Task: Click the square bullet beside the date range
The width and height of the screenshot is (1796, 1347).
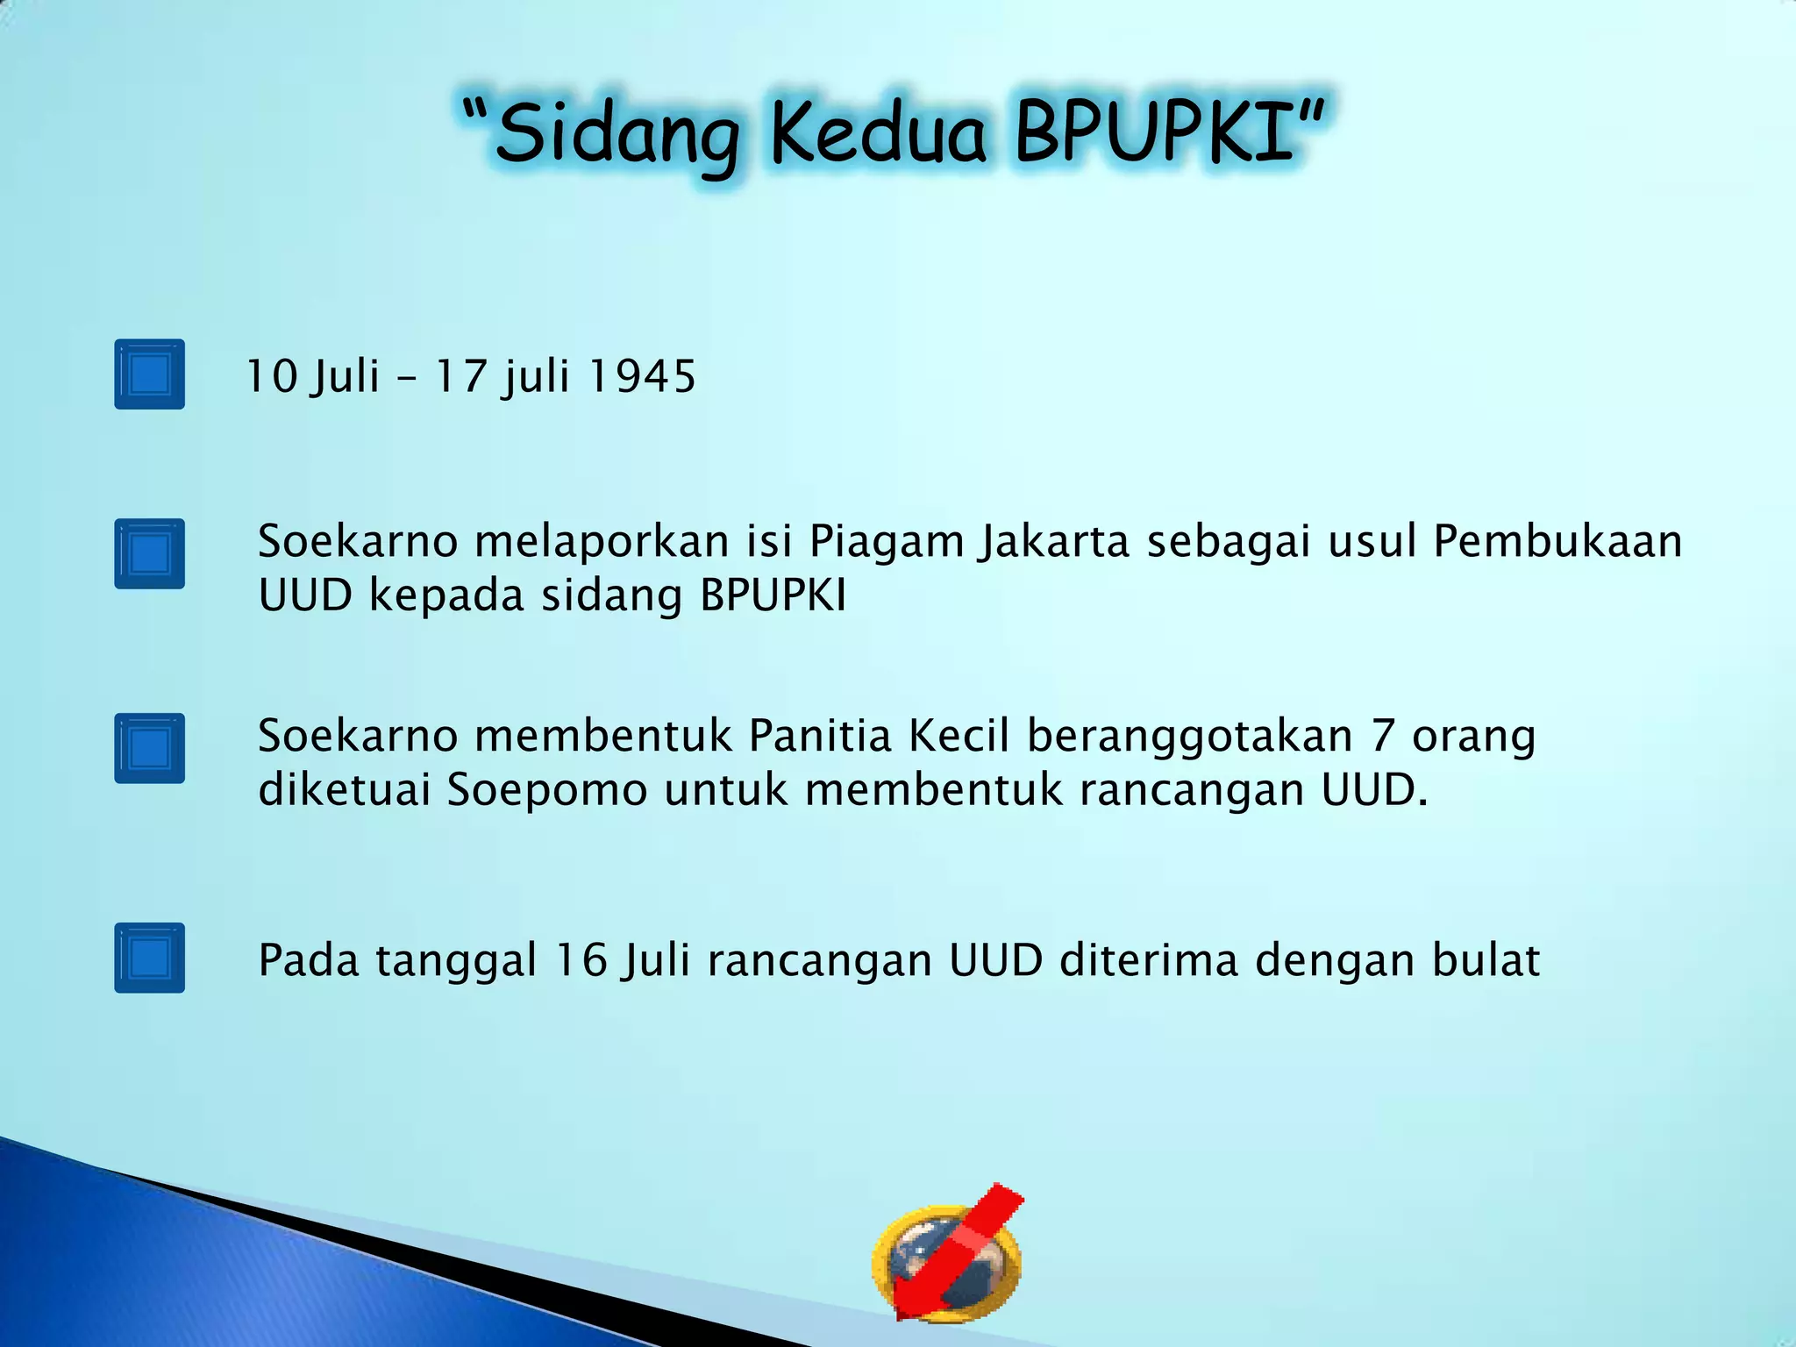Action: [149, 374]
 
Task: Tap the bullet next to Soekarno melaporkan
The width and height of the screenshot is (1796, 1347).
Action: [149, 553]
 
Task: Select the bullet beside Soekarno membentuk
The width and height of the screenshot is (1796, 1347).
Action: [149, 748]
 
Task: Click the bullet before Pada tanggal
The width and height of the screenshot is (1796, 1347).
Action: [149, 958]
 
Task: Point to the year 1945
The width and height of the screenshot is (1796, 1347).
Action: [642, 376]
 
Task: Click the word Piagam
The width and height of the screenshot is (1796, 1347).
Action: [886, 542]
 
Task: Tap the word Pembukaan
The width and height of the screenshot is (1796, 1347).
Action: [1557, 540]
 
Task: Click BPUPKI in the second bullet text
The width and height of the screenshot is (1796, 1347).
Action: [773, 595]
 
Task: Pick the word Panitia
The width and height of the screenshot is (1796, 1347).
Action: [820, 735]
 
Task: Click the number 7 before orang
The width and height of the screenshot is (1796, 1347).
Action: [1383, 735]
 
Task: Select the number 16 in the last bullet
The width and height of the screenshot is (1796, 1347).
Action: [581, 959]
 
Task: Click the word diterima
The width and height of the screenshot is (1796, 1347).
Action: [1148, 959]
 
